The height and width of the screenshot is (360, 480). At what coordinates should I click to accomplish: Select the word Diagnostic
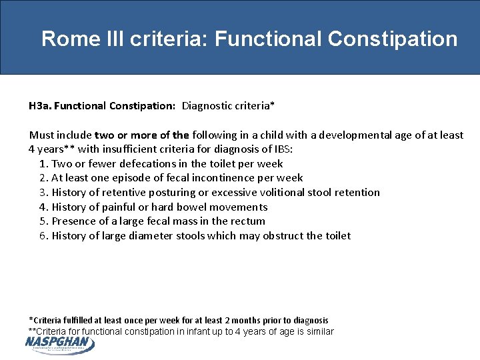point(209,105)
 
